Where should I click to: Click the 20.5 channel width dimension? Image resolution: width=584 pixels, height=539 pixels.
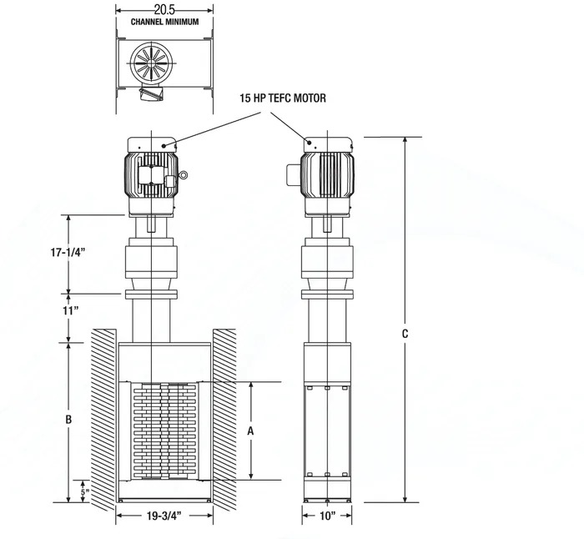165,8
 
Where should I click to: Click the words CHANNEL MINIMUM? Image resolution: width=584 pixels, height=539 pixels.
165,21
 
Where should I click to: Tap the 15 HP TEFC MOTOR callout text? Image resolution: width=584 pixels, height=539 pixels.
282,98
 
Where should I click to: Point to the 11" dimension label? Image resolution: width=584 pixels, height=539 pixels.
70,310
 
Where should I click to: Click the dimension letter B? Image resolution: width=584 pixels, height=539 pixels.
70,419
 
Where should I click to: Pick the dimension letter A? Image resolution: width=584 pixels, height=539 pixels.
250,431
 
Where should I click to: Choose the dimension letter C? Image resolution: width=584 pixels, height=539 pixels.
405,333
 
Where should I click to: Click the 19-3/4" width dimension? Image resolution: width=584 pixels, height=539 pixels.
164,517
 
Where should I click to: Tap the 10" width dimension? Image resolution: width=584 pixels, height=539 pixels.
326,517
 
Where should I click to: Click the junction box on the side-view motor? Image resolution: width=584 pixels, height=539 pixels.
294,174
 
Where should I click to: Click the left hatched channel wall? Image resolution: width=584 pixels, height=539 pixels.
103,417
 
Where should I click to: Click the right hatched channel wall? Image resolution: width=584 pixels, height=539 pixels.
224,417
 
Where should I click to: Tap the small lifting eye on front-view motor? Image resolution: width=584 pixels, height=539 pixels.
183,175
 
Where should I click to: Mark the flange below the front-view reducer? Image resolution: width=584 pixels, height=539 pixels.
151,295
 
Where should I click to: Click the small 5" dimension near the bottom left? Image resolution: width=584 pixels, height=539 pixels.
83,491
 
